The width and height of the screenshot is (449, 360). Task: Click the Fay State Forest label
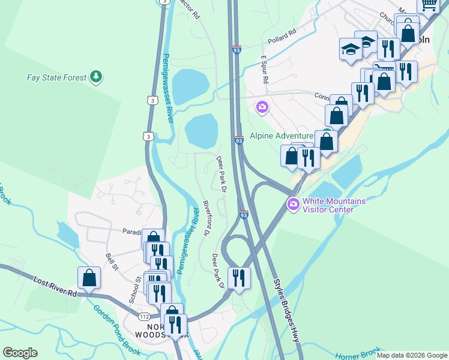click(x=56, y=77)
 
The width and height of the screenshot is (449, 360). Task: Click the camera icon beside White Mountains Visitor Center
click(x=294, y=205)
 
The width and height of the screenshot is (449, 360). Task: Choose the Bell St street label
click(x=110, y=262)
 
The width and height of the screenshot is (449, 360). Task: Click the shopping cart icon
click(x=429, y=5)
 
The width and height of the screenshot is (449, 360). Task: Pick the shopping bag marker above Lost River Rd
click(x=89, y=278)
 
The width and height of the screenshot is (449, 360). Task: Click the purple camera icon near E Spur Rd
click(x=262, y=107)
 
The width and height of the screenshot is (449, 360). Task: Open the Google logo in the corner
click(x=20, y=353)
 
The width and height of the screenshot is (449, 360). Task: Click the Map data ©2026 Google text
click(x=412, y=355)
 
